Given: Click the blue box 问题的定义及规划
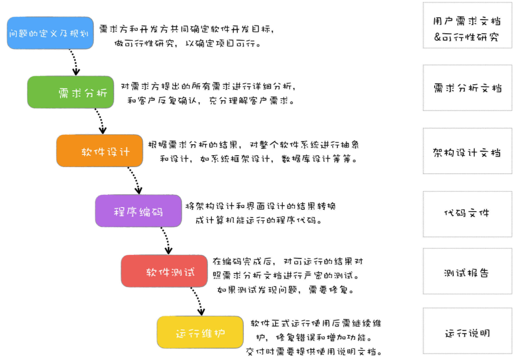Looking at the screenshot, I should coord(50,33).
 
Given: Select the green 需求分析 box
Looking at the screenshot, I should coord(70,92).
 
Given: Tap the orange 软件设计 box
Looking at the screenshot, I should coord(99,151).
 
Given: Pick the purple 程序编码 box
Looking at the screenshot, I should coord(138,211).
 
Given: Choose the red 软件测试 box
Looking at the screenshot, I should coord(164,271).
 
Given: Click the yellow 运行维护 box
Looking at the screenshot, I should coord(200,332).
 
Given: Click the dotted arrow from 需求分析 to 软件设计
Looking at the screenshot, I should coord(100,121).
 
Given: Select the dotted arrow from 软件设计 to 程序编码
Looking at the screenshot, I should coord(134,180).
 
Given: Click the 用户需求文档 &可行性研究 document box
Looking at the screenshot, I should coord(467,25).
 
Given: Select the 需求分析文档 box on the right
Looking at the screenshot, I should coord(467,88).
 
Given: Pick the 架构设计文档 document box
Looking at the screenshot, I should coord(467,151).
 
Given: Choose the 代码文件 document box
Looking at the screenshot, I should coord(467,214).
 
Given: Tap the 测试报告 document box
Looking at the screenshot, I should coord(467,271).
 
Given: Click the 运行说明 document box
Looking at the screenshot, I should coord(467,331).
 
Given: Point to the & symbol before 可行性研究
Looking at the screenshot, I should coord(438,37).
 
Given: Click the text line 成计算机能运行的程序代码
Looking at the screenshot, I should coord(258,220).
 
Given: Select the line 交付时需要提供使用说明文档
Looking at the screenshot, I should coord(314,352).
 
